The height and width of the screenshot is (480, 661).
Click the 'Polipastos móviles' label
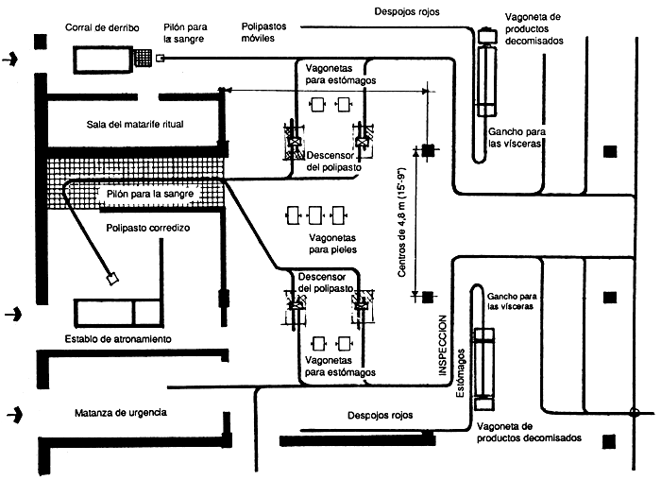coord(263,30)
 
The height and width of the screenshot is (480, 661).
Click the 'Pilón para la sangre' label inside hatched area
coord(150,194)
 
